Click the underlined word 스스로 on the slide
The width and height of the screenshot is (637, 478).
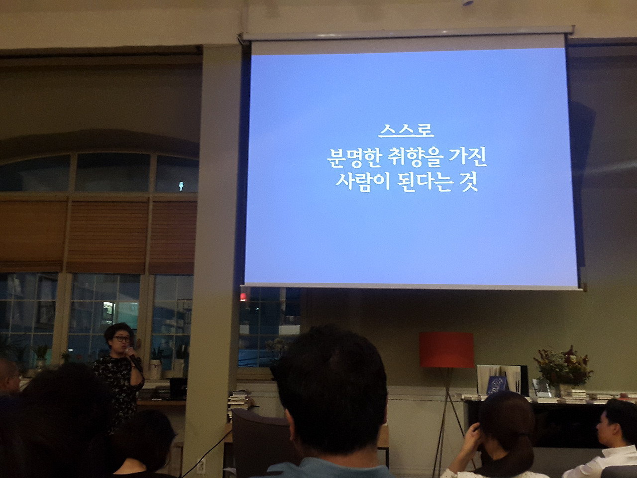(x=406, y=131)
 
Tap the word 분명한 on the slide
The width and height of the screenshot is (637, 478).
(x=353, y=158)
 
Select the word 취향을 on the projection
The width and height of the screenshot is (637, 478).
(x=415, y=158)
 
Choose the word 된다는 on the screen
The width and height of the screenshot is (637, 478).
(x=425, y=182)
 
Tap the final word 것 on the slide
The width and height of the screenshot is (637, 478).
(x=469, y=182)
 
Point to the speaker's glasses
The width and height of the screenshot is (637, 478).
(x=122, y=339)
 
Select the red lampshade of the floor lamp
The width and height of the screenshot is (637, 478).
(x=446, y=350)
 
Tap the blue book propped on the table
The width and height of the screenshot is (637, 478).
(x=497, y=385)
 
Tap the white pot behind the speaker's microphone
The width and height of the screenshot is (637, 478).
(x=156, y=369)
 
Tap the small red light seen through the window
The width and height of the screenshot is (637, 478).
(x=243, y=297)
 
